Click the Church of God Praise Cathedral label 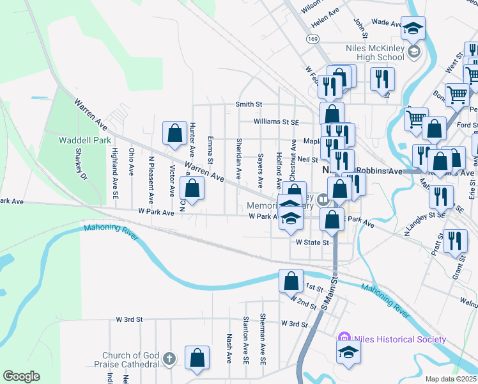[130, 360]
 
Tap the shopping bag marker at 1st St [291, 280]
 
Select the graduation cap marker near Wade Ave [413, 28]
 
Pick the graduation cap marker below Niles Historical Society [348, 352]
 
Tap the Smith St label [249, 104]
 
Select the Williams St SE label [276, 121]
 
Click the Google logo [21, 376]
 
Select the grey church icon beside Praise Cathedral [168, 358]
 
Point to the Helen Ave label [325, 12]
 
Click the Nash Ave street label [229, 348]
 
